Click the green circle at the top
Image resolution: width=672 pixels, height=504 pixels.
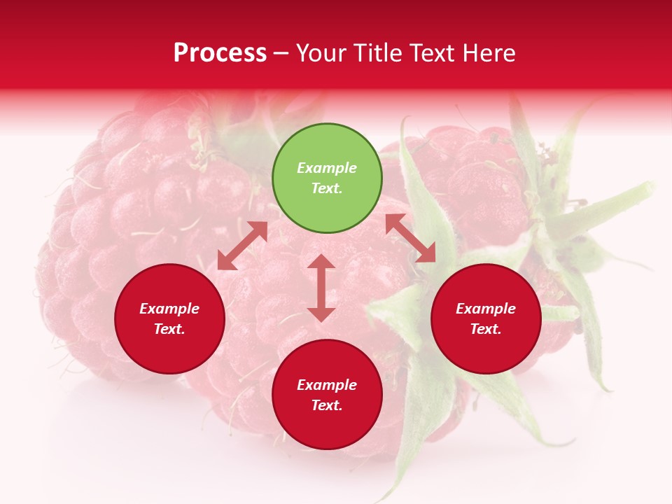tap(327, 178)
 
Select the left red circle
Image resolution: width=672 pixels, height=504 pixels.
tap(169, 318)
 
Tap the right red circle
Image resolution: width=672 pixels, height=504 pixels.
tap(486, 318)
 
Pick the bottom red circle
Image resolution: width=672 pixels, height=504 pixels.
tap(327, 395)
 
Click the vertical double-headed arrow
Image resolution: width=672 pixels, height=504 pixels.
tap(321, 288)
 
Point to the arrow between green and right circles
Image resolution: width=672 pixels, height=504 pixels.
tap(410, 239)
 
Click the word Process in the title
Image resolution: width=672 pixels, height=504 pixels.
tap(220, 53)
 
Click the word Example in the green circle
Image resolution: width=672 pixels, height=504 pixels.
tap(327, 168)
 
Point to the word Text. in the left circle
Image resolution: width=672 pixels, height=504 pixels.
tap(169, 329)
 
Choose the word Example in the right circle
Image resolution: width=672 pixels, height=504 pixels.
tap(486, 309)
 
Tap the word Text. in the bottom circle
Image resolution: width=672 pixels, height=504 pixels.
tap(327, 405)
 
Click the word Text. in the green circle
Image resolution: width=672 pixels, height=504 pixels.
tap(327, 188)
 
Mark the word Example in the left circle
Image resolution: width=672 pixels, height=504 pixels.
tap(169, 309)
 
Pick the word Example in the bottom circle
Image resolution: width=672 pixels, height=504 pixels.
tap(327, 385)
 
